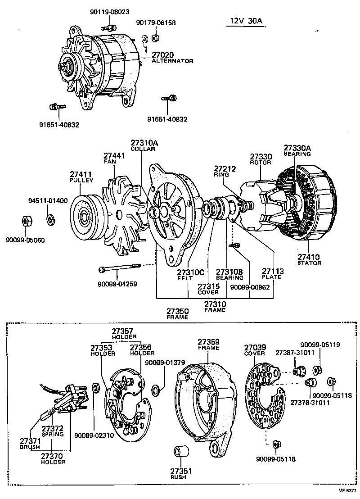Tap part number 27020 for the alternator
[x=163, y=54]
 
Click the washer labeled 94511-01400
[x=50, y=220]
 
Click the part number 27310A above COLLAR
[x=144, y=143]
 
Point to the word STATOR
[x=309, y=263]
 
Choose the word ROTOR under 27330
[x=261, y=163]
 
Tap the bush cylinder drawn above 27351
[x=181, y=454]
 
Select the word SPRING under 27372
[x=53, y=434]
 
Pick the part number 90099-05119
[x=320, y=345]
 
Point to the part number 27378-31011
[x=310, y=402]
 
